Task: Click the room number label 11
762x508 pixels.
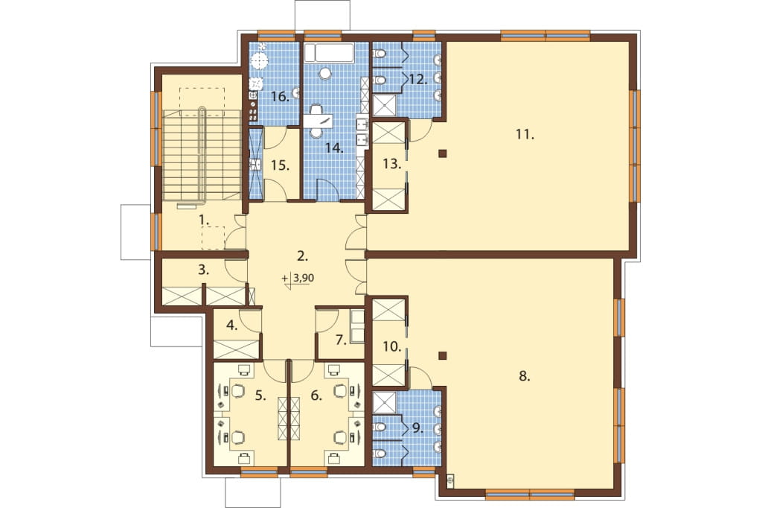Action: click(x=525, y=134)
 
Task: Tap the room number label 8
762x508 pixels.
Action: click(x=524, y=375)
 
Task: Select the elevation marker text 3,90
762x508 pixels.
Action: click(x=304, y=279)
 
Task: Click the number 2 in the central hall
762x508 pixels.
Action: click(x=302, y=255)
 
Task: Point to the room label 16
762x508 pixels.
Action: click(x=280, y=97)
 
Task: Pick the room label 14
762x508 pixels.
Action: click(x=334, y=148)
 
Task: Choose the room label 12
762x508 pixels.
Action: click(x=418, y=79)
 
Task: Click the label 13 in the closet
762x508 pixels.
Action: click(x=392, y=164)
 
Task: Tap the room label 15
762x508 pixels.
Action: click(x=281, y=165)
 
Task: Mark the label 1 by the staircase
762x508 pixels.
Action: click(x=204, y=220)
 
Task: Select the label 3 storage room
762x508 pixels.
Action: click(x=204, y=270)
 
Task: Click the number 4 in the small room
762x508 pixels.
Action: click(x=232, y=326)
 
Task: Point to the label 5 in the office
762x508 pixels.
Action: click(x=261, y=396)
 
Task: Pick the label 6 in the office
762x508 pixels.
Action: click(x=316, y=396)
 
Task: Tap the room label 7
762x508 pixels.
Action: click(x=341, y=340)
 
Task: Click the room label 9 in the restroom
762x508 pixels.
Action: click(x=417, y=428)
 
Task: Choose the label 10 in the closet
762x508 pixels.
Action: click(x=392, y=346)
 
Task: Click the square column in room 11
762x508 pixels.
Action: click(x=442, y=154)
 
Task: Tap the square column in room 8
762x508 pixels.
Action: click(x=442, y=355)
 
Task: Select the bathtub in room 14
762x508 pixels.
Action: click(x=329, y=53)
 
